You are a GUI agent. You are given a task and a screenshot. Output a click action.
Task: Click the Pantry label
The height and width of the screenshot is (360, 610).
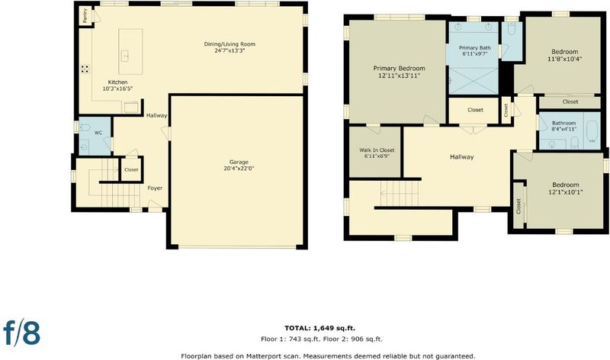click(x=85, y=15)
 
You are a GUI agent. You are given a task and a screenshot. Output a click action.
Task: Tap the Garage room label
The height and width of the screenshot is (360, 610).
click(x=239, y=162)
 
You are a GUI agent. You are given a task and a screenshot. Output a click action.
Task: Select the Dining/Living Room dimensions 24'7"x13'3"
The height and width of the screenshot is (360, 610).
click(x=230, y=50)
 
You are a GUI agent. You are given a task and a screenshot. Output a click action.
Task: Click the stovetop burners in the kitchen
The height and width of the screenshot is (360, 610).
click(x=85, y=69)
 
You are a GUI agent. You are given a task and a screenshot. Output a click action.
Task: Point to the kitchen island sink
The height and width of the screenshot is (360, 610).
click(x=125, y=56)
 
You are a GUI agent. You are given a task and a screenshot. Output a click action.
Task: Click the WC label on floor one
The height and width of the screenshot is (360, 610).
click(x=98, y=133)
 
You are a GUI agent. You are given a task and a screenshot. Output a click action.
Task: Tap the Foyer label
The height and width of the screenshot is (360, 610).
click(x=155, y=188)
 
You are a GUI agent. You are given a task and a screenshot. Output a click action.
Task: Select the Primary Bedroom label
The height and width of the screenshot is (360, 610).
click(x=399, y=69)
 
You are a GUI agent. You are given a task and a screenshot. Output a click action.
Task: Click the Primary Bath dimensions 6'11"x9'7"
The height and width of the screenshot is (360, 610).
click(x=474, y=54)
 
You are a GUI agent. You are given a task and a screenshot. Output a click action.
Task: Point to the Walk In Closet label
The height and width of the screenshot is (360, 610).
click(x=377, y=149)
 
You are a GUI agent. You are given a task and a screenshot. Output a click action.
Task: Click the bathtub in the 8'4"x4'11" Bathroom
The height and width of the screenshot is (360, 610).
click(x=592, y=130)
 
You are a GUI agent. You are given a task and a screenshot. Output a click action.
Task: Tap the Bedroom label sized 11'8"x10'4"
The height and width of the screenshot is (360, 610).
click(x=564, y=52)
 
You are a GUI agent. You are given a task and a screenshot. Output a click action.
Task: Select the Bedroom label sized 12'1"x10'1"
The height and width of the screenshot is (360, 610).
click(x=566, y=185)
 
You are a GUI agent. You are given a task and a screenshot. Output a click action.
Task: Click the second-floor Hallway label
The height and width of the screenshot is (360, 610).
click(x=462, y=157)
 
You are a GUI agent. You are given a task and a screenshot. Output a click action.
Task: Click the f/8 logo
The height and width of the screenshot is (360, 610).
click(x=22, y=333)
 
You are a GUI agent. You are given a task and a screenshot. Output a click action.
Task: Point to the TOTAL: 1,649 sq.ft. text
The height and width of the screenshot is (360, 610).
click(x=319, y=328)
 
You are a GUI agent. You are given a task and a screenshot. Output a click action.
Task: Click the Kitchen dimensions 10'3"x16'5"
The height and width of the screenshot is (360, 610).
click(x=118, y=88)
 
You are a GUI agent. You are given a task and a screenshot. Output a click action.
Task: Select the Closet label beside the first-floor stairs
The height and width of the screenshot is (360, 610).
click(x=131, y=169)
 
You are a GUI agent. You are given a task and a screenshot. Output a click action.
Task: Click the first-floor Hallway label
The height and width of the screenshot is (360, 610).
click(x=157, y=115)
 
